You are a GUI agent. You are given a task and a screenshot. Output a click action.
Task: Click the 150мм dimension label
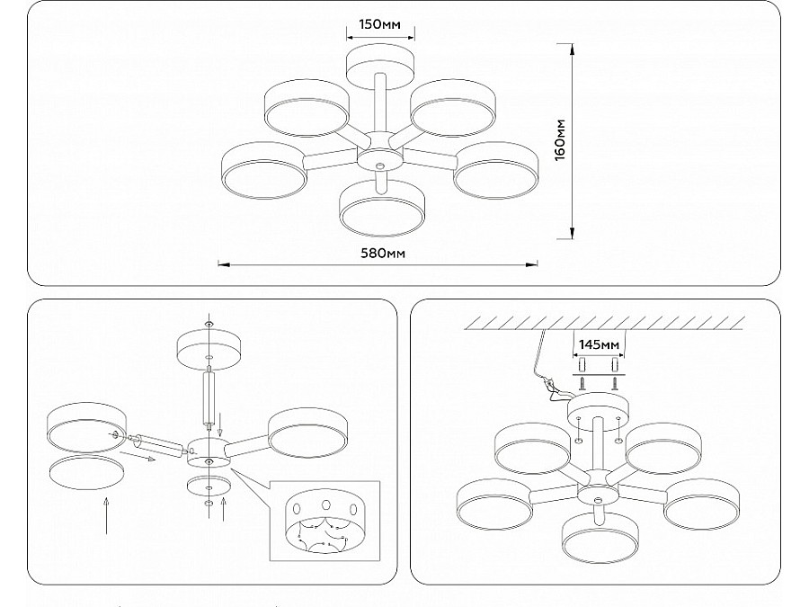coord(379,24)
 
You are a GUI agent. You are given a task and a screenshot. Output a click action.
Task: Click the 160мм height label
coord(560,140)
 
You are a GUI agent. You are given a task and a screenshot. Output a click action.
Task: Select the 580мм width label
coord(382,254)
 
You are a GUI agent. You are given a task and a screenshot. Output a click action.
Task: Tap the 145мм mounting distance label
coord(599,344)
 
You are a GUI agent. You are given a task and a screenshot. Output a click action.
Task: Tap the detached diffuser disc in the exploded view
coord(86,472)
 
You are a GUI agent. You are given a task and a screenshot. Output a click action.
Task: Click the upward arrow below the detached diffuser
coord(106,515)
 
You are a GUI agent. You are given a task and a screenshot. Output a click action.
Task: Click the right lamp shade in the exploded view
coord(307,433)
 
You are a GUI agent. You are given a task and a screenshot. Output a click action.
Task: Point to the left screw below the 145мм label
coord(581,383)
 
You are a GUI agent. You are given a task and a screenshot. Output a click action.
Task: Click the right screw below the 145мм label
coord(615,383)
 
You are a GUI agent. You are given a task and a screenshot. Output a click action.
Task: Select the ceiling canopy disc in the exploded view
coord(209,350)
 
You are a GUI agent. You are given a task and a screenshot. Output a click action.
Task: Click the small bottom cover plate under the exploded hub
coord(209,486)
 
